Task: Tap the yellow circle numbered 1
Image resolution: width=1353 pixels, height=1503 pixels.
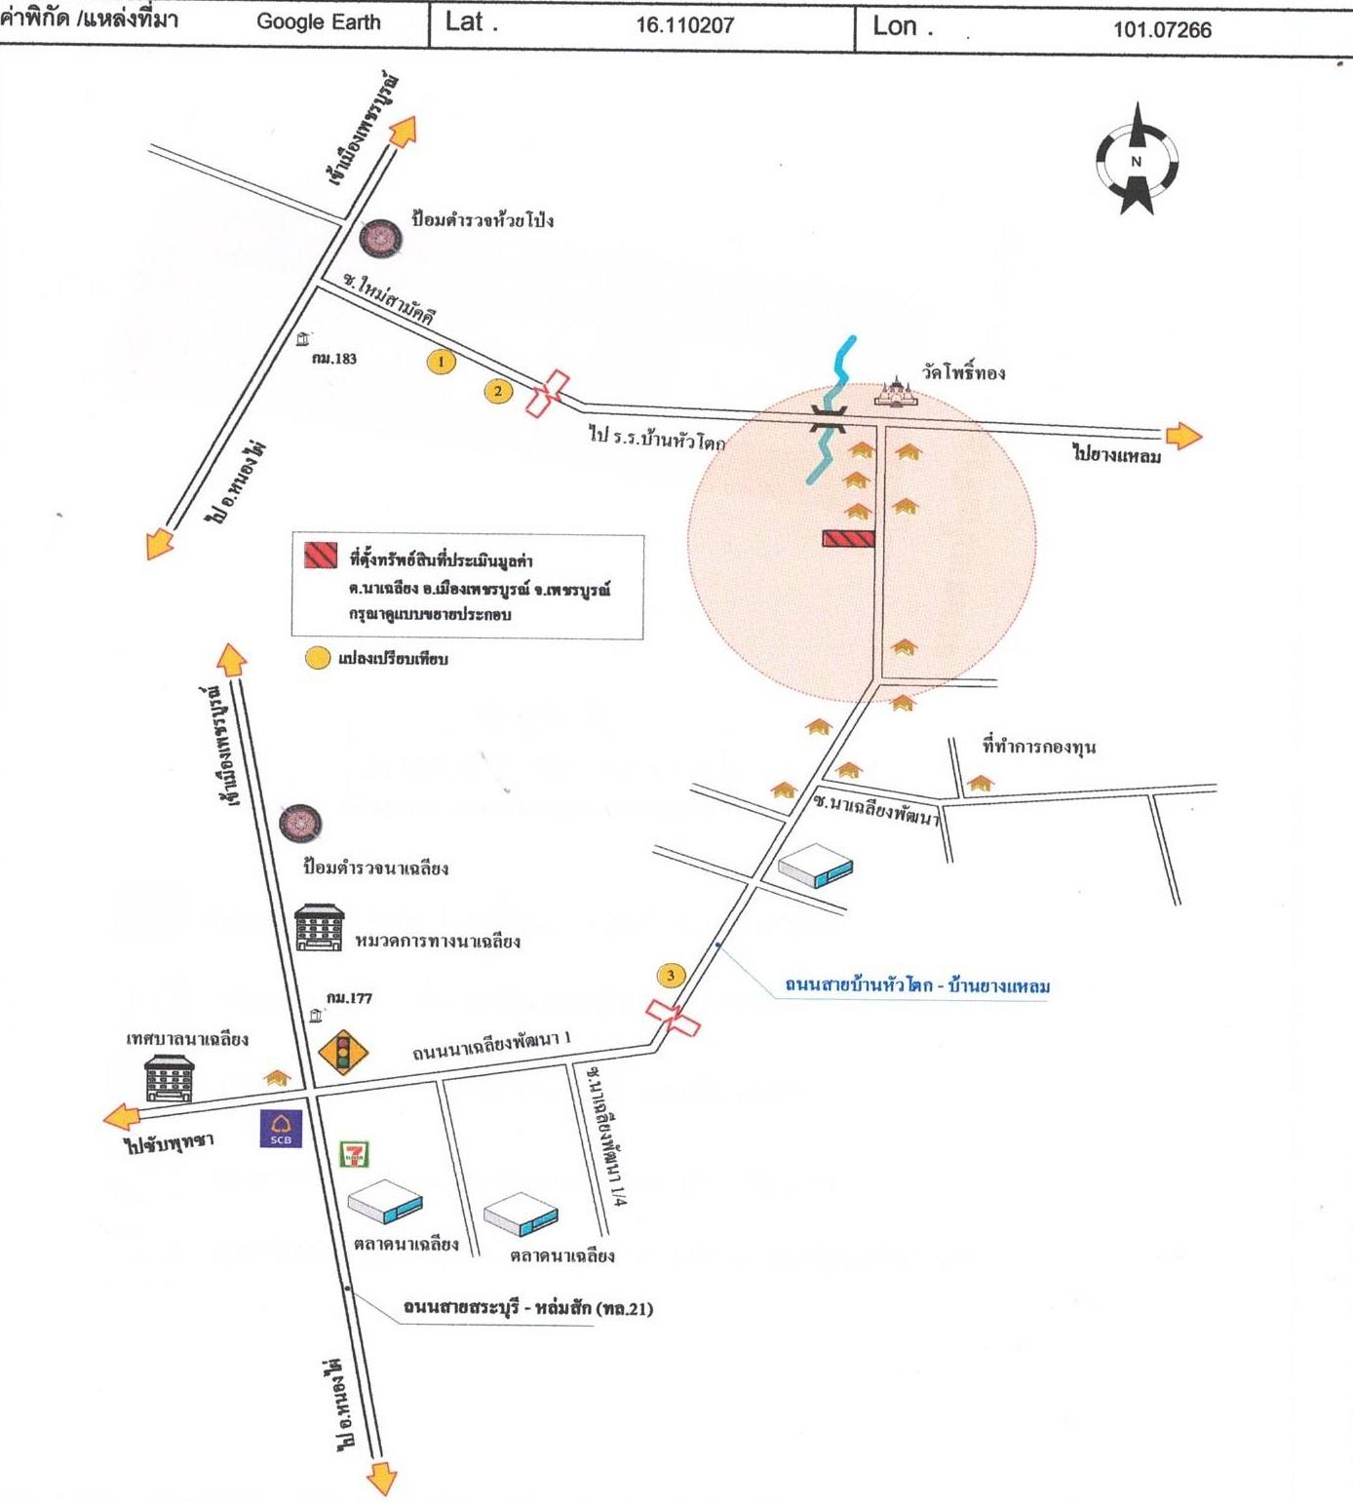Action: (442, 362)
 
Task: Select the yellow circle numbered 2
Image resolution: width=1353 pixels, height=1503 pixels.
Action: (498, 392)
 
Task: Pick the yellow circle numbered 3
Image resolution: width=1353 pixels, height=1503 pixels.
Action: (671, 975)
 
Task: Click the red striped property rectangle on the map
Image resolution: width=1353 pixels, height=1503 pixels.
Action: (848, 538)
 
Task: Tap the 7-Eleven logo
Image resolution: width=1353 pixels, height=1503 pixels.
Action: (354, 1155)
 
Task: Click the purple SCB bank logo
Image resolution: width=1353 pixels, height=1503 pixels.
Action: (281, 1129)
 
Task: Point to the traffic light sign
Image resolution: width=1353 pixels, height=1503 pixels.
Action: (343, 1052)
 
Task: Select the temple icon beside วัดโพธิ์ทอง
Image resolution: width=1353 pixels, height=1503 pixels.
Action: (896, 391)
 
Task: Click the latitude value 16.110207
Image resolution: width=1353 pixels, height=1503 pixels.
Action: (684, 25)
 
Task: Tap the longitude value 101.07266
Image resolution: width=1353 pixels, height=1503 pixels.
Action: (1162, 29)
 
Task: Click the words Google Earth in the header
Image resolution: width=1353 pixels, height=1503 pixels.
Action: (319, 21)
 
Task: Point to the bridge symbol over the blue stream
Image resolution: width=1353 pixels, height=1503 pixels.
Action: (829, 419)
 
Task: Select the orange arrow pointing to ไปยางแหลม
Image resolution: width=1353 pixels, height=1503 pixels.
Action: (1183, 436)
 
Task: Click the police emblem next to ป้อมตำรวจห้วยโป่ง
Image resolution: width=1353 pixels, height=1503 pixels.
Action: (380, 238)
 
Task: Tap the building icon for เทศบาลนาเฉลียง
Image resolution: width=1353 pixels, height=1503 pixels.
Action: (170, 1078)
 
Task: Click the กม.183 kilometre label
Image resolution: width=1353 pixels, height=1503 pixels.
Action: (334, 359)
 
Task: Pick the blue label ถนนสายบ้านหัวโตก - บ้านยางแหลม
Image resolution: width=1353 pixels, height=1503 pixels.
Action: (917, 985)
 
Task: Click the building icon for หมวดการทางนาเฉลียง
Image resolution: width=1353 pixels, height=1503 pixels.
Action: (319, 927)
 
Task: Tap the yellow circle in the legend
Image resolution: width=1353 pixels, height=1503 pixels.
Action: (318, 658)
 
